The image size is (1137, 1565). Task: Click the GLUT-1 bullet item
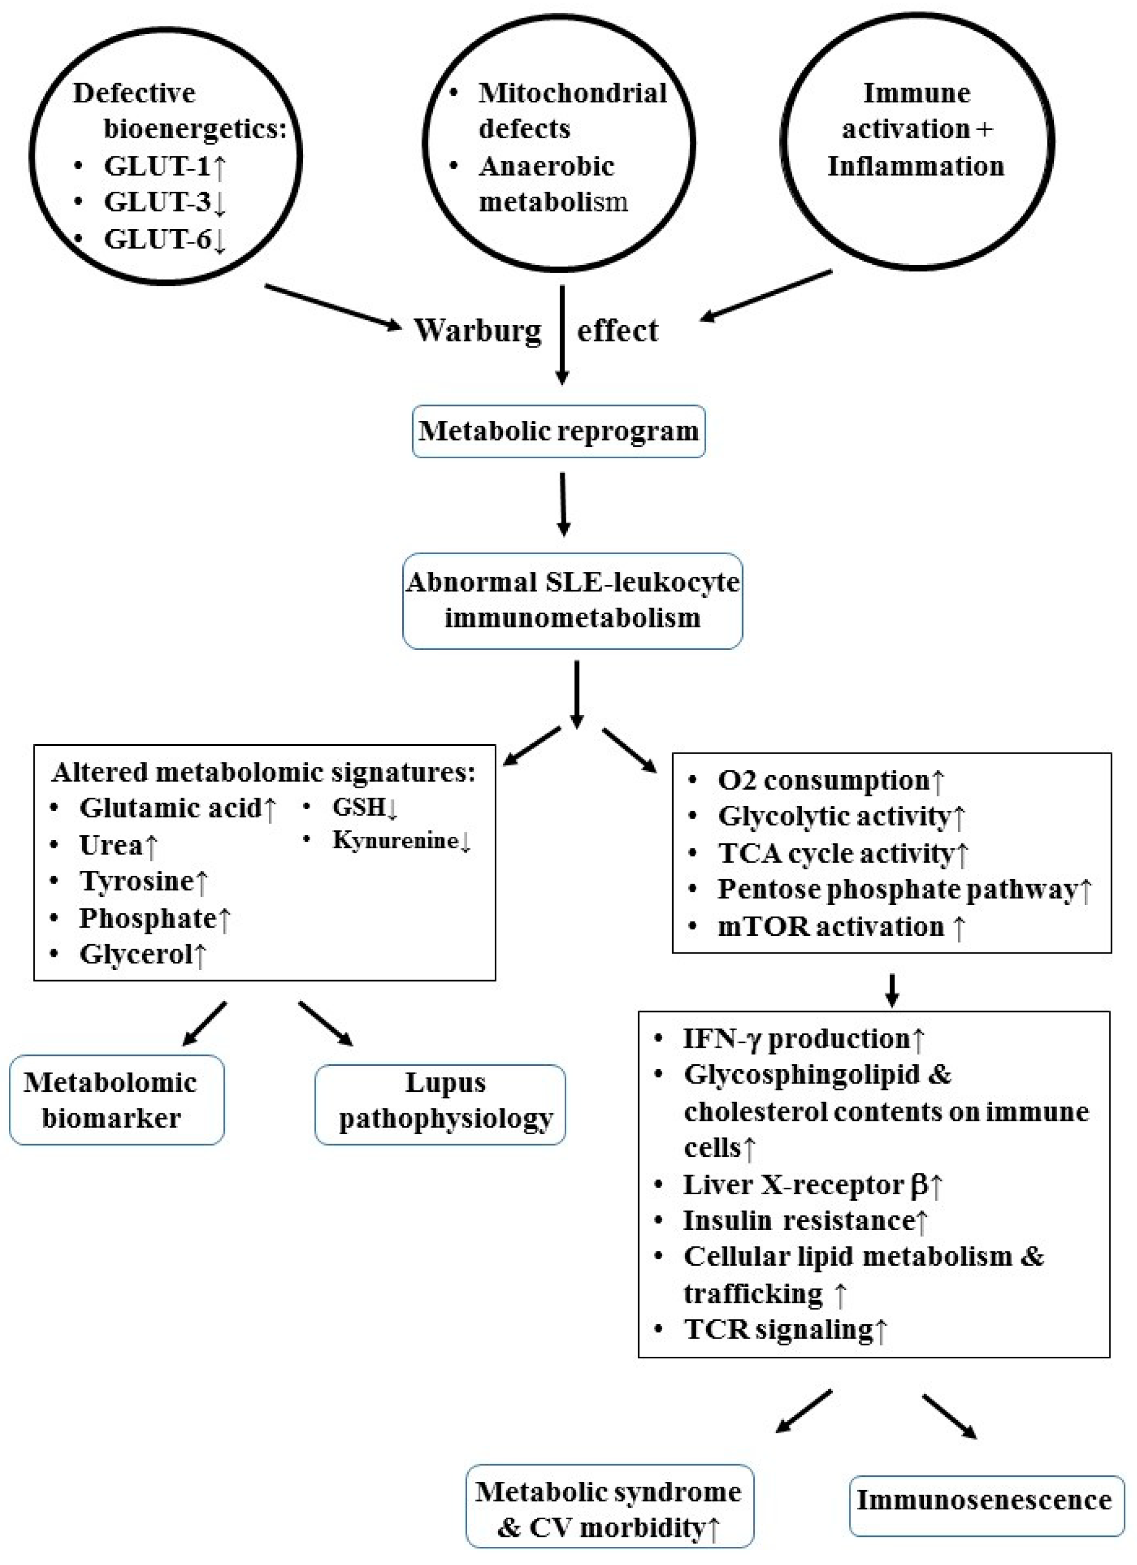tap(164, 166)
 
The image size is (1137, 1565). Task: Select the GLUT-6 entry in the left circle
tap(164, 240)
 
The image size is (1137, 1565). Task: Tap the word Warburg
tap(478, 331)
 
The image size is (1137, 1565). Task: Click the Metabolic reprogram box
tap(558, 431)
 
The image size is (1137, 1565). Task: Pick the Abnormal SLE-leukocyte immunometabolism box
tap(572, 600)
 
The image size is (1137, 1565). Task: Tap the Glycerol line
tap(142, 954)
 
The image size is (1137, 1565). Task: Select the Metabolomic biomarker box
tap(117, 1100)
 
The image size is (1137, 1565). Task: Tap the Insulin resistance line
tap(804, 1220)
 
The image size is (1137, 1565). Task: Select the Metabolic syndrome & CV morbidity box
tap(609, 1509)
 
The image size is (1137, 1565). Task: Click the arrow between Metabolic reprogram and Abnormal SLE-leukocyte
tap(564, 503)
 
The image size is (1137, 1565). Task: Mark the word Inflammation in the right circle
tap(916, 166)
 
